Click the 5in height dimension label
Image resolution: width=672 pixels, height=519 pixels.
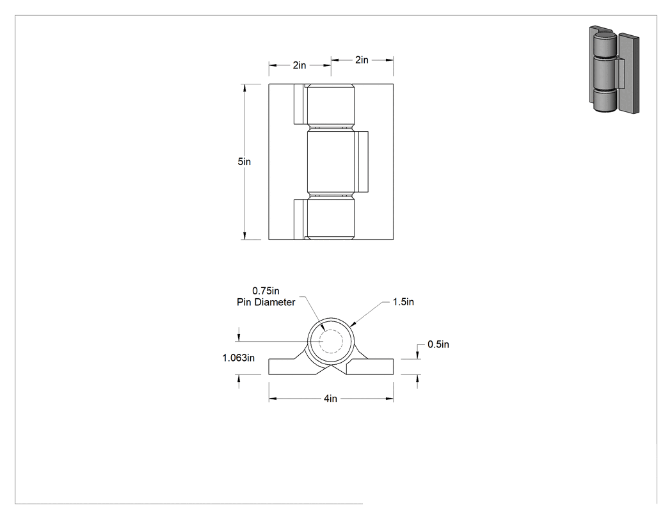point(244,161)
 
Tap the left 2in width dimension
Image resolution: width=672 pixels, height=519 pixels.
point(300,65)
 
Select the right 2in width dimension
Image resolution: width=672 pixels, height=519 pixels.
point(362,60)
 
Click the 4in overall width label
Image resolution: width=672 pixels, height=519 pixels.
point(330,399)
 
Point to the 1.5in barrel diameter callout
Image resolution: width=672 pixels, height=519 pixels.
point(403,301)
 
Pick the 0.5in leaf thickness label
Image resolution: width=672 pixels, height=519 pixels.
point(438,344)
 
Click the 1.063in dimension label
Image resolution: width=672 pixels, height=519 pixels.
point(238,358)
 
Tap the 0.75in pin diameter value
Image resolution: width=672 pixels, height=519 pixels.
point(266,291)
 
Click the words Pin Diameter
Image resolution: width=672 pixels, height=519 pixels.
point(266,302)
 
